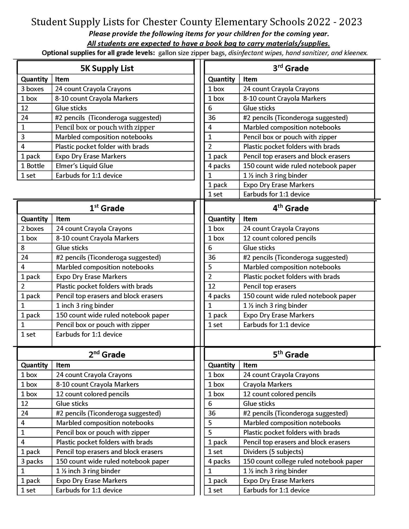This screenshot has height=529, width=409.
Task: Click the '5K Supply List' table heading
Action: coord(107,68)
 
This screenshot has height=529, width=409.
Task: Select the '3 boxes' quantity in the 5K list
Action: coord(32,89)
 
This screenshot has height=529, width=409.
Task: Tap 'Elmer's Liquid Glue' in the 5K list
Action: coord(84,166)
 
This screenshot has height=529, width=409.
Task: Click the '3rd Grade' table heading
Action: coord(291,68)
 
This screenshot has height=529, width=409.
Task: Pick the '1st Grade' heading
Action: coord(107,208)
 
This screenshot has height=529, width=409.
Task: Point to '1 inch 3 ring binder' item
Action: coord(85,306)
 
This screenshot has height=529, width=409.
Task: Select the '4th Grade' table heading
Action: coord(291,208)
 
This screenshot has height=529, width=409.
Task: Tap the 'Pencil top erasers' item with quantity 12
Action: coord(269,286)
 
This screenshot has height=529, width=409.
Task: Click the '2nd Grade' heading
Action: coord(107,355)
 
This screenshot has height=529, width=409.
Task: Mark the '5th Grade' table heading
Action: coord(291,355)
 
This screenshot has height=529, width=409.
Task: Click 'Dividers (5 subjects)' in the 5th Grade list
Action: coord(273,452)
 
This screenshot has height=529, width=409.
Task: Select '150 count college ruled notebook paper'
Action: coord(303,461)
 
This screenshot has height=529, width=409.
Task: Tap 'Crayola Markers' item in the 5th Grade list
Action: coord(267,384)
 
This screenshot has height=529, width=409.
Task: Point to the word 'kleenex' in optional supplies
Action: coord(356,53)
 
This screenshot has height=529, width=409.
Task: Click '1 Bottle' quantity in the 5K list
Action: coord(33,166)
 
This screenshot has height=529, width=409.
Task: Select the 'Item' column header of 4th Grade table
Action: coord(250,219)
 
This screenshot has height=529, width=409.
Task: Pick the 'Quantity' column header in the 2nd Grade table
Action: coord(34,365)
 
